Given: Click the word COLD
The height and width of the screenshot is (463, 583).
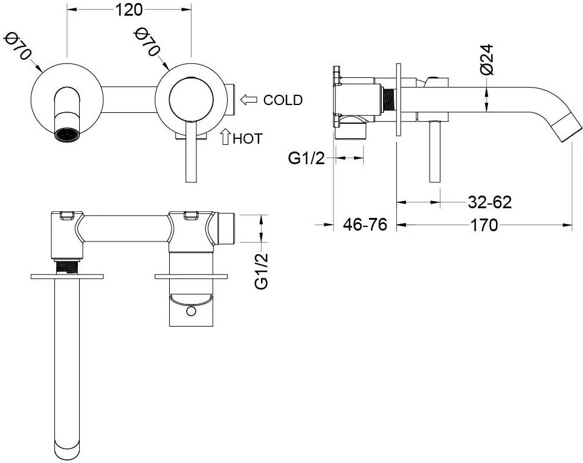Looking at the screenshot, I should [x=283, y=100].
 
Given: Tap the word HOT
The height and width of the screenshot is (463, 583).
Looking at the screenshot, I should [x=248, y=138].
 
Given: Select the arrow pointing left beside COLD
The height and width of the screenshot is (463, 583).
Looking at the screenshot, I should [x=250, y=99].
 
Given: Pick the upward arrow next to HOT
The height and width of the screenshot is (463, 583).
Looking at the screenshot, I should [x=225, y=138].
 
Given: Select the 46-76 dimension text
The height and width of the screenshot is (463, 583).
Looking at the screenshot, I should [x=365, y=225].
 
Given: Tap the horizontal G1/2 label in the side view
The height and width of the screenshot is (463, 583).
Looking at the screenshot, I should [x=306, y=158].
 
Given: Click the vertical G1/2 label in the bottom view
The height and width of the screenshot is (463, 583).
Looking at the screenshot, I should [x=262, y=271].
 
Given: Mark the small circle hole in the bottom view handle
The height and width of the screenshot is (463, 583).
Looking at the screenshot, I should [x=192, y=311].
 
